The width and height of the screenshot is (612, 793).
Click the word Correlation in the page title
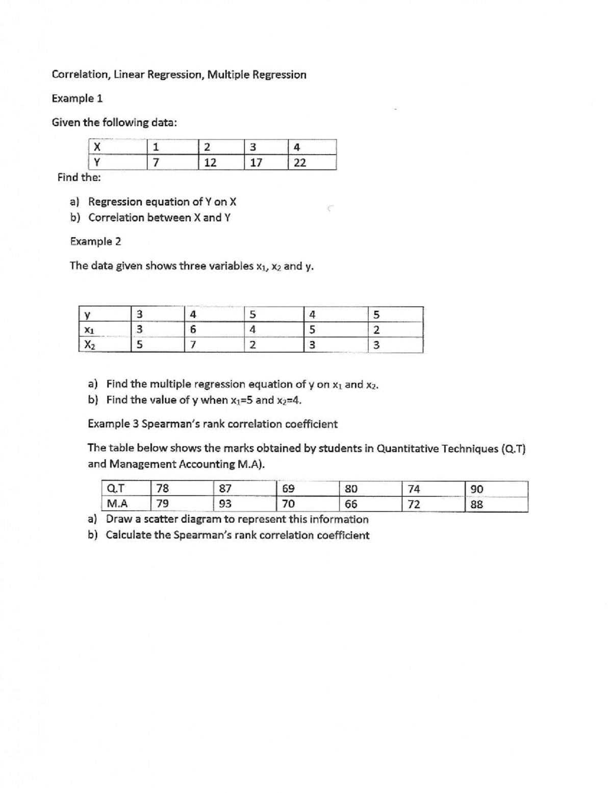(80, 75)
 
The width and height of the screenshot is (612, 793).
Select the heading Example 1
(77, 99)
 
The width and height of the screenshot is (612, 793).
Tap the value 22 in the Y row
(300, 163)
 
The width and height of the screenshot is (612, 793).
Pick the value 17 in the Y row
(256, 163)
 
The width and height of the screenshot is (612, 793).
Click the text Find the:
(79, 178)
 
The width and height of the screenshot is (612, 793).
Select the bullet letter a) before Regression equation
(76, 202)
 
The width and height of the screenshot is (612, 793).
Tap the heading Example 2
(95, 242)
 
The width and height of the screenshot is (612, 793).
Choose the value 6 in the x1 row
(193, 330)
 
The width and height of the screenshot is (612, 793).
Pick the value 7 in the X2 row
(193, 345)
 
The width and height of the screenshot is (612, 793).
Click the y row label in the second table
(88, 315)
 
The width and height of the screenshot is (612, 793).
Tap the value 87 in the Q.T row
(225, 489)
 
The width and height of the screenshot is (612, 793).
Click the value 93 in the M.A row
(225, 504)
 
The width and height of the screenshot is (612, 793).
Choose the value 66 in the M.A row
(351, 504)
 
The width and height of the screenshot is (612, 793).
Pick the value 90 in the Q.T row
(477, 489)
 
